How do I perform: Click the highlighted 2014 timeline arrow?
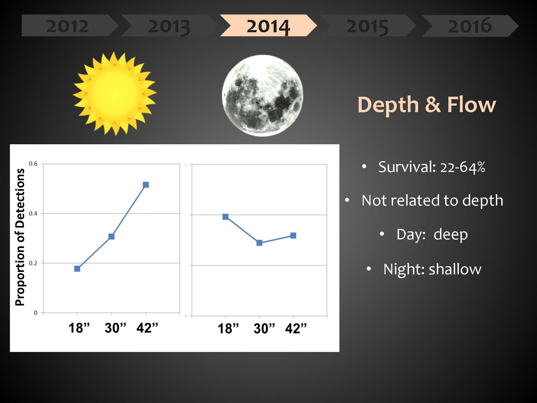pos(268,26)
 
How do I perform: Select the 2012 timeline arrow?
pos(70,26)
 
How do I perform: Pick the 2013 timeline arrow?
pos(169,26)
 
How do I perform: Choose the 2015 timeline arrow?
pos(368,26)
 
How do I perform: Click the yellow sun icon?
pos(115,93)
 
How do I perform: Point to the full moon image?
pos(262,96)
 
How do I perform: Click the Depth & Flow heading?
pos(427,105)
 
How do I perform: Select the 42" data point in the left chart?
pos(146,185)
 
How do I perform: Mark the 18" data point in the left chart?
pos(77,268)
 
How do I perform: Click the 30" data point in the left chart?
pos(111,236)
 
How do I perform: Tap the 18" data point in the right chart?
pos(226,217)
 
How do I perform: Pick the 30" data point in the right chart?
pos(259,243)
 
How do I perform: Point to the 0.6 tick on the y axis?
pos(33,164)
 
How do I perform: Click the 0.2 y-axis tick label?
pos(33,263)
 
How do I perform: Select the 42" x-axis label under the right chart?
pos(296,328)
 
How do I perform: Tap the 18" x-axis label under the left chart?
pos(79,328)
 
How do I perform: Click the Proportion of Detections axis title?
pos(20,237)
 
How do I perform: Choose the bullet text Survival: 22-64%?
pos(432,167)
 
